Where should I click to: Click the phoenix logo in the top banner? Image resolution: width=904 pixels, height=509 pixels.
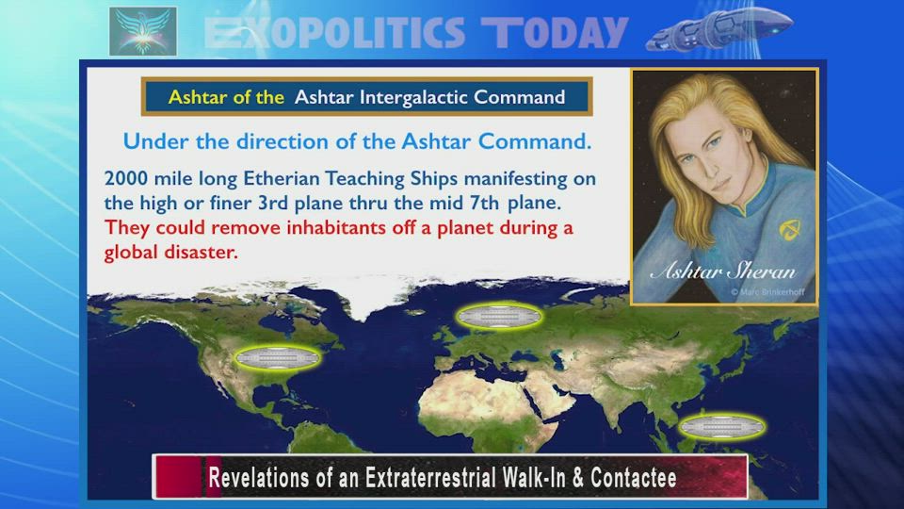pos(143,31)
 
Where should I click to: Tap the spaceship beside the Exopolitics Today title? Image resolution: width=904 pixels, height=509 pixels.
pos(718,29)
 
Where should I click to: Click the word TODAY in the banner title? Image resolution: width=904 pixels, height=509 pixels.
pos(555,32)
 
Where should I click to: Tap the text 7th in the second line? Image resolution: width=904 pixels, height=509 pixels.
pos(483,203)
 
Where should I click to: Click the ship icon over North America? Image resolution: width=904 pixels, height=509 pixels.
pos(277,358)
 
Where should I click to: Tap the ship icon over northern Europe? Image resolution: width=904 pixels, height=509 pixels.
pos(499,317)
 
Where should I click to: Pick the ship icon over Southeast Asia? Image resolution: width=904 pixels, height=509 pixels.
pos(722,428)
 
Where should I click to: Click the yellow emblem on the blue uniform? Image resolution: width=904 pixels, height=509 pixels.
pos(789,230)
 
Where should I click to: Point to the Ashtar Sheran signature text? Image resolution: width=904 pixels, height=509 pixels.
pos(723,271)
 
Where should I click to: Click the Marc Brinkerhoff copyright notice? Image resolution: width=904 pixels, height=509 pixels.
pos(767,292)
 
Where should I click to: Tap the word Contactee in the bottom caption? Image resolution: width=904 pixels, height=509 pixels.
pos(633,478)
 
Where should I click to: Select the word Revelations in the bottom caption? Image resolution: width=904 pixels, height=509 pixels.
pos(259,478)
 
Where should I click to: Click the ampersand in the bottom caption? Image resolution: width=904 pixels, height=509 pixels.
pos(578,478)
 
